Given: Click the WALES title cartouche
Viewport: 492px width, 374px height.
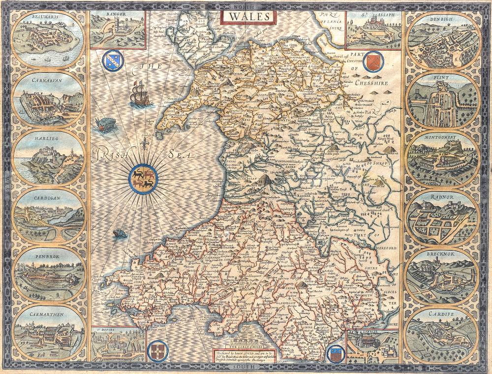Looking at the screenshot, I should (248, 16).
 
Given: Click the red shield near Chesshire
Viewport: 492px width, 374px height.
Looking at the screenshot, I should (371, 63).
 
